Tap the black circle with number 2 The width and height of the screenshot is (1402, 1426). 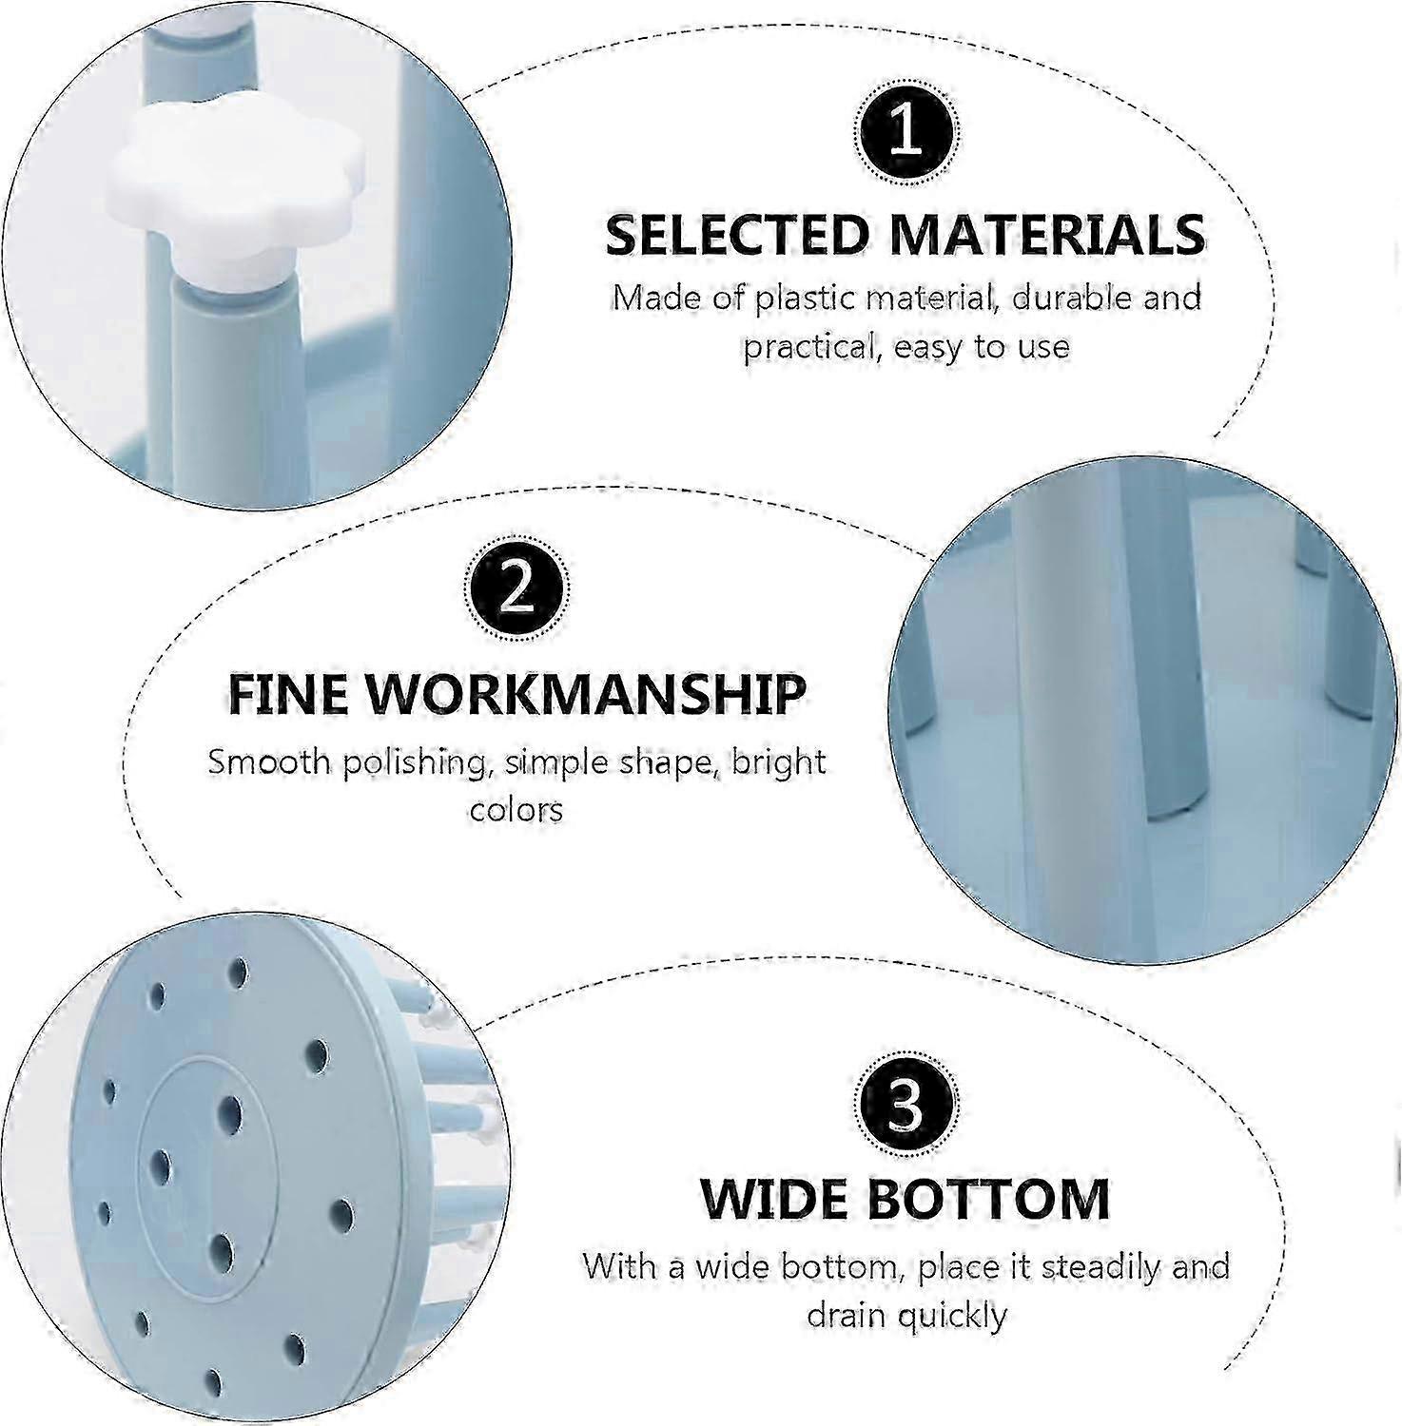pyautogui.click(x=516, y=592)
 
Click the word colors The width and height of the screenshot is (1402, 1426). pyautogui.click(x=516, y=810)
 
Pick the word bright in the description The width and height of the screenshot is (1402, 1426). pyautogui.click(x=778, y=763)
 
